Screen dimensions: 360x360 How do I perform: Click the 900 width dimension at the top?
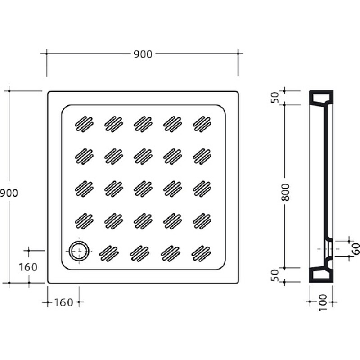[143, 54]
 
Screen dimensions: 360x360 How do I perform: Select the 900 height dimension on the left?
[9, 193]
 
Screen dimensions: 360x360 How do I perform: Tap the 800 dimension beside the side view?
[285, 192]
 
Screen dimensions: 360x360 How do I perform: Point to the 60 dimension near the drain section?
[356, 248]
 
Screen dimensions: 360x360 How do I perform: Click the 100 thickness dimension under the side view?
[323, 302]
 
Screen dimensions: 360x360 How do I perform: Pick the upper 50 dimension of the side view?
[275, 98]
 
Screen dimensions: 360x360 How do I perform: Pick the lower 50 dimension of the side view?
[275, 275]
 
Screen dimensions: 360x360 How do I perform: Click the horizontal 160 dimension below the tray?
[63, 302]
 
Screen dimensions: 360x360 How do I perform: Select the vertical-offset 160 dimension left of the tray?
[28, 267]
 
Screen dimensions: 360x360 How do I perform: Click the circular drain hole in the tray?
[79, 251]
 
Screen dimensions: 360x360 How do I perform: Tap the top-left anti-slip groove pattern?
[84, 124]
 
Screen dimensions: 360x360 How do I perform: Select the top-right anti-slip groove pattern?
[202, 124]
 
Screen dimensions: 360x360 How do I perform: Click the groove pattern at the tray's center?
[143, 189]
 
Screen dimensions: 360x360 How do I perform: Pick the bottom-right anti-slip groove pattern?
[201, 253]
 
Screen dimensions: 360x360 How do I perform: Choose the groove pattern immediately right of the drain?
[109, 253]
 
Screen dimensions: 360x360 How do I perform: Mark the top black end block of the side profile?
[321, 98]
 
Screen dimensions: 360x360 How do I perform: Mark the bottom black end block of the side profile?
[321, 274]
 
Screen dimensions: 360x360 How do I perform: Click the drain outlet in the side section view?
[329, 249]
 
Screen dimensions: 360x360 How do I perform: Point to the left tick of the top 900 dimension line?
[47, 54]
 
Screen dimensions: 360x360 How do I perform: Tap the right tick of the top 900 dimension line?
[238, 54]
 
